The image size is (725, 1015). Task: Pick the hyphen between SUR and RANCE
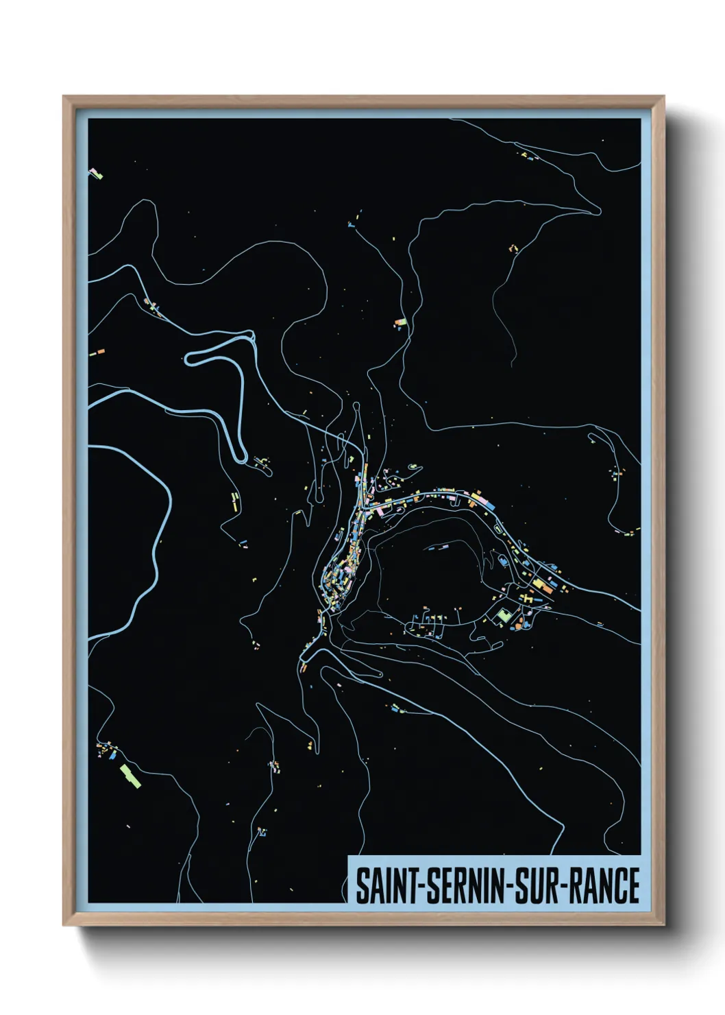coord(563,886)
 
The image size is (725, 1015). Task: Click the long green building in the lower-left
coord(130,776)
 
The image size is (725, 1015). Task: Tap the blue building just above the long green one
coord(112,758)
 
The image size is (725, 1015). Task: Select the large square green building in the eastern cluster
coord(505,615)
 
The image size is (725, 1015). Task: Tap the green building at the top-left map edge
coord(97,176)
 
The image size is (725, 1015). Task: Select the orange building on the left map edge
coord(100,351)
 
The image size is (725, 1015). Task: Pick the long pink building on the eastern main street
coord(487,504)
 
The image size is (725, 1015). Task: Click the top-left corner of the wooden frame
coord(64,97)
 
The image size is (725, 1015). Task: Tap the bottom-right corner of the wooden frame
coord(663,924)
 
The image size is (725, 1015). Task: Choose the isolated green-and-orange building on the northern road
coord(402,321)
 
